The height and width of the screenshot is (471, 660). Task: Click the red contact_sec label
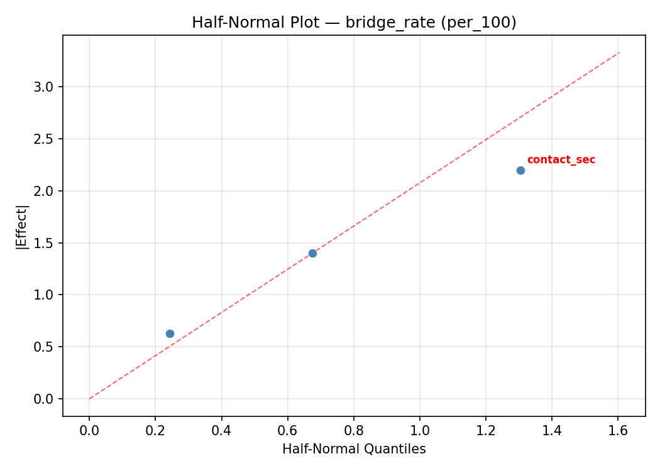pyautogui.click(x=561, y=160)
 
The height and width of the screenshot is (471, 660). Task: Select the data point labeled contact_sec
pyautogui.click(x=520, y=170)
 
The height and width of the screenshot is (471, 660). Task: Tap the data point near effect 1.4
pyautogui.click(x=312, y=253)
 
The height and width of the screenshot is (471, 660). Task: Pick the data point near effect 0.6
pyautogui.click(x=170, y=333)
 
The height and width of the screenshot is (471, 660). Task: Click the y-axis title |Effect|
pyautogui.click(x=23, y=226)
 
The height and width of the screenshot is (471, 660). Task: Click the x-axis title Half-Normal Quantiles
pyautogui.click(x=354, y=449)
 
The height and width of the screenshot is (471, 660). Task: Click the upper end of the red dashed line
pyautogui.click(x=619, y=53)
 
